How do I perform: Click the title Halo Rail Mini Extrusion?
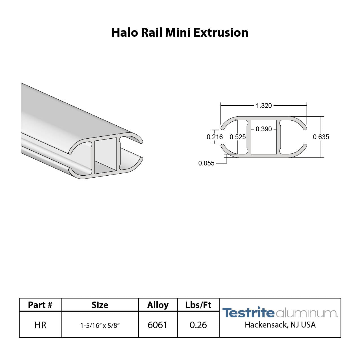coord(180,32)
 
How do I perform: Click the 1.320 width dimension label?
coord(264,106)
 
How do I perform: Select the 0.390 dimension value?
coord(264,129)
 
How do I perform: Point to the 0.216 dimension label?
coord(215,137)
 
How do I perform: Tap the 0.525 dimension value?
coord(237,137)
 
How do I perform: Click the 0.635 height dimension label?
coord(321,137)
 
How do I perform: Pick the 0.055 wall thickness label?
coord(206,163)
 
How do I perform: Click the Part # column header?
coord(40,305)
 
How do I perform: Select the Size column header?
coord(100,305)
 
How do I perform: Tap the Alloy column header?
coord(158,305)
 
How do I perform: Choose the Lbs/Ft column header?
coord(198,305)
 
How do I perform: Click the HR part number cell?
coord(40,325)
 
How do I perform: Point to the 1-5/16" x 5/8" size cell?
coord(100,325)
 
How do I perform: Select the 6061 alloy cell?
coord(157,325)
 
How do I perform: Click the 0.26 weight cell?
coord(198,325)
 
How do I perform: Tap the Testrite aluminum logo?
coord(280,313)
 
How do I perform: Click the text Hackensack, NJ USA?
coord(280,325)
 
